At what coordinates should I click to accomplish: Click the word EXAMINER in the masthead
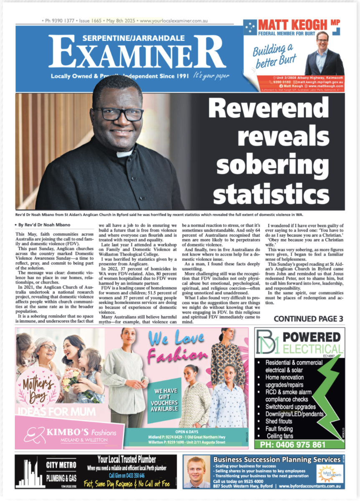click(x=137, y=55)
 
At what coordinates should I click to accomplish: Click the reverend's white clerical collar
click(x=124, y=153)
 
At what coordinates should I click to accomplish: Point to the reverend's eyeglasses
click(x=118, y=114)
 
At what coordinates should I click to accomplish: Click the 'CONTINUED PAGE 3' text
click(x=308, y=319)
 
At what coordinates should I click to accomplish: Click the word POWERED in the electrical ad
click(x=312, y=337)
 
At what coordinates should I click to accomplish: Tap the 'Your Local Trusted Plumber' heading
click(x=127, y=460)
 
